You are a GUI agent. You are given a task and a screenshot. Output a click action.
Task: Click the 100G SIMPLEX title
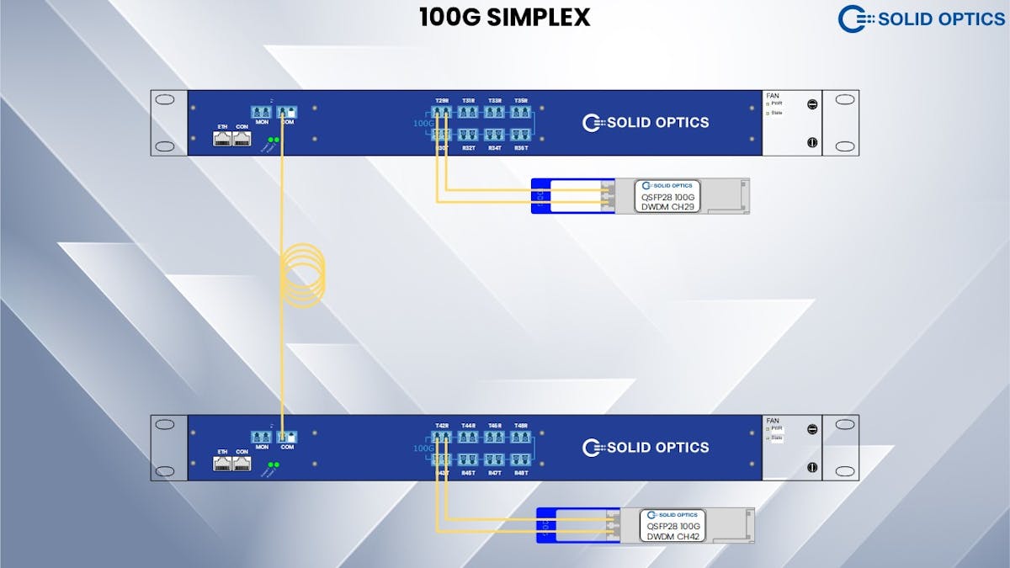coord(505,17)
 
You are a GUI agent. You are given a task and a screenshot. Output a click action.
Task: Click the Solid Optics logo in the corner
coord(922,19)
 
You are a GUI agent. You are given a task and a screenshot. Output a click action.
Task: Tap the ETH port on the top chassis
coord(222,138)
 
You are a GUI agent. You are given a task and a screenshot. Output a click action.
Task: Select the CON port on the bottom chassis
coord(242,464)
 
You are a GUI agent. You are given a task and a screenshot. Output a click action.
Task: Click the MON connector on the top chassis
coord(262,112)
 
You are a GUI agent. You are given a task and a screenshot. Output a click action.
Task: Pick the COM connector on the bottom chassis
coord(287,437)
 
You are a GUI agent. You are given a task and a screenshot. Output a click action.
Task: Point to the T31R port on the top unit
coord(468,112)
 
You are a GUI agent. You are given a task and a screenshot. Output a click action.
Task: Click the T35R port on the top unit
coord(520,112)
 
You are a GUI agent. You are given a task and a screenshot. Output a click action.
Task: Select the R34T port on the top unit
coord(494,135)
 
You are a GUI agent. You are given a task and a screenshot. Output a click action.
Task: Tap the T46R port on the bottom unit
coord(494,438)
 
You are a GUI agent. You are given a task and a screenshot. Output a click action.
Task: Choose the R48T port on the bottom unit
coord(520,460)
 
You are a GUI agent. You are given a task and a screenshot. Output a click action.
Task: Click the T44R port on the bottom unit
coord(468,438)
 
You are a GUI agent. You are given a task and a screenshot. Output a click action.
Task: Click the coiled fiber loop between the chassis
coord(302,271)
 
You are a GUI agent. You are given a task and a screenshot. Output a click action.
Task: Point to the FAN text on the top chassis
coord(773,97)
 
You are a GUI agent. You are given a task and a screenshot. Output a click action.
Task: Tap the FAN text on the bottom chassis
coord(773,421)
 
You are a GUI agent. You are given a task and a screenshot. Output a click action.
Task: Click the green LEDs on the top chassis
coord(274,140)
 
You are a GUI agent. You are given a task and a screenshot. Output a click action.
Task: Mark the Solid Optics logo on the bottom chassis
coord(646,448)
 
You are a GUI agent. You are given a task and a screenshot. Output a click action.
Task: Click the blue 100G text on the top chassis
coord(423,123)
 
